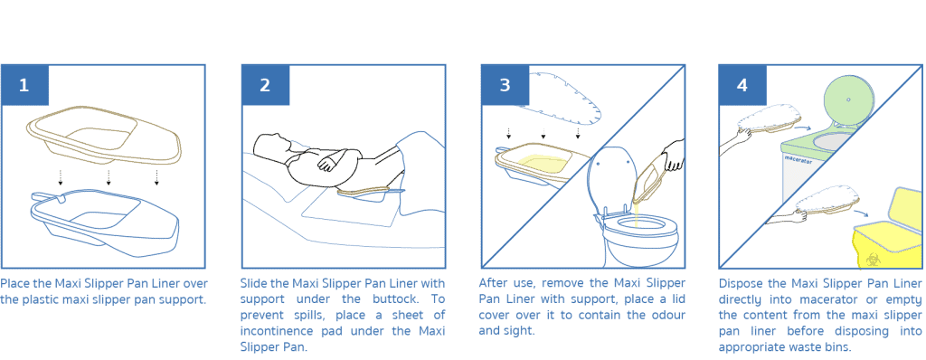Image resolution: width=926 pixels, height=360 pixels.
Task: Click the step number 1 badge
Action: point(24,86)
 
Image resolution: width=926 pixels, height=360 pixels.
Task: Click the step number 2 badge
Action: point(264,86)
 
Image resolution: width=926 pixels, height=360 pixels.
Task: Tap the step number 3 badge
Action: point(505,86)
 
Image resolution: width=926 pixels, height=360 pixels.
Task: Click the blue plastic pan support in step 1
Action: point(104,222)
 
